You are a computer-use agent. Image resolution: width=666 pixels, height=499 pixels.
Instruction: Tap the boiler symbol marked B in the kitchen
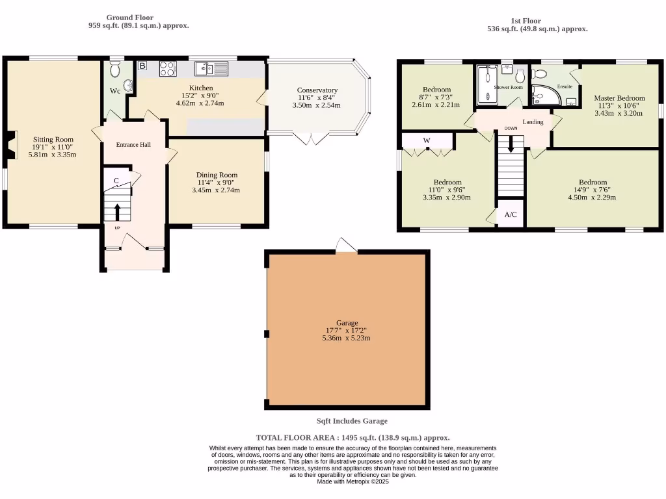[142, 66]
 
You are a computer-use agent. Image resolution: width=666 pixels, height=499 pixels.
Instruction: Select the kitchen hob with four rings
[167, 68]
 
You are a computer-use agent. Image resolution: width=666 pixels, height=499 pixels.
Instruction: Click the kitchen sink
[211, 68]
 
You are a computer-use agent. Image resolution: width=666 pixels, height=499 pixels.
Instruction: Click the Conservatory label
[317, 90]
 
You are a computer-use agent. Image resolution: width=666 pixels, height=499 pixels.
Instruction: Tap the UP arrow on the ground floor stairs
[117, 211]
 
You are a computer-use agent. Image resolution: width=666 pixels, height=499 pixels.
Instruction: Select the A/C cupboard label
[511, 214]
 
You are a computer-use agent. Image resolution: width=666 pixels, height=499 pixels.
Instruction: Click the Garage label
[346, 322]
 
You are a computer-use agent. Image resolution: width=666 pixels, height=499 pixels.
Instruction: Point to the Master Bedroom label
[619, 98]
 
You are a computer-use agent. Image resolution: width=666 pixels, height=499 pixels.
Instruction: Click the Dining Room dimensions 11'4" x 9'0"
[216, 183]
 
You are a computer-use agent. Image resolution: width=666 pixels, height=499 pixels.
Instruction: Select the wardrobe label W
[427, 140]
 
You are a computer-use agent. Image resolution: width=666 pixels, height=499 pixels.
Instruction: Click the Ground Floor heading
[130, 18]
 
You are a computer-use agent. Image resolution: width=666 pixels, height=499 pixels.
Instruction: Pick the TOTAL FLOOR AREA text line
[353, 438]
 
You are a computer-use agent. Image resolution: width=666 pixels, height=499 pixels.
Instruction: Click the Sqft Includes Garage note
[351, 421]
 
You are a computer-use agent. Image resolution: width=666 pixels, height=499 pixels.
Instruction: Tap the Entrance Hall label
[133, 144]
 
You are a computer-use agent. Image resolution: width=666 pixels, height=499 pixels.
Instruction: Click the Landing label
[533, 122]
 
